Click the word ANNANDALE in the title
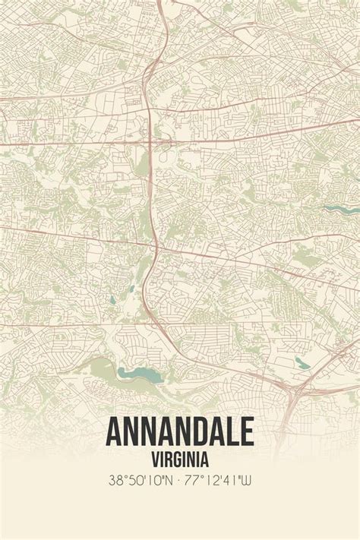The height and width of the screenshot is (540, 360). point(180,431)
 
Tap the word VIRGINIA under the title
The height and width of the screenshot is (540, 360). point(180,459)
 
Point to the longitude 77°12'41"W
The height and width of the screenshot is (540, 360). point(218,480)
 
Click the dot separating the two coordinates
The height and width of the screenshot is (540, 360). point(180,480)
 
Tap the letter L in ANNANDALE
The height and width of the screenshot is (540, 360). point(232,431)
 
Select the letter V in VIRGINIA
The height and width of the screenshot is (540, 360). point(154,459)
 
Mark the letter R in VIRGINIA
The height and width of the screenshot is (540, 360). point(169,459)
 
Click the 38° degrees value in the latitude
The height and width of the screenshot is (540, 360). point(116,480)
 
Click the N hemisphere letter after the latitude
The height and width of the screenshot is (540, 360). point(168,480)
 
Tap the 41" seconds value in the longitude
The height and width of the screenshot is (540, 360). point(231,480)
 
